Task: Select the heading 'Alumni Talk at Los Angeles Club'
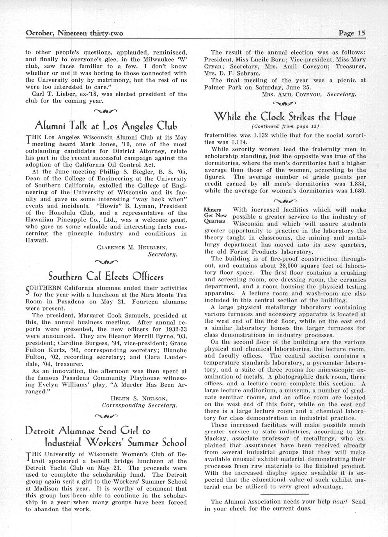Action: click(106, 126)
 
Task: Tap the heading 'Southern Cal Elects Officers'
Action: click(106, 277)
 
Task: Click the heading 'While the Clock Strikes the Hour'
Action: click(285, 116)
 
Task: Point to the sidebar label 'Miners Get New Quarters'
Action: click(216, 215)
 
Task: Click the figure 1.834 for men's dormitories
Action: click(356, 184)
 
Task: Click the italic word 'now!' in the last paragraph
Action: click(339, 502)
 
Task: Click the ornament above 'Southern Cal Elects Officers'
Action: click(106, 261)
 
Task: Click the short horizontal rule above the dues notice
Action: click(285, 493)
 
